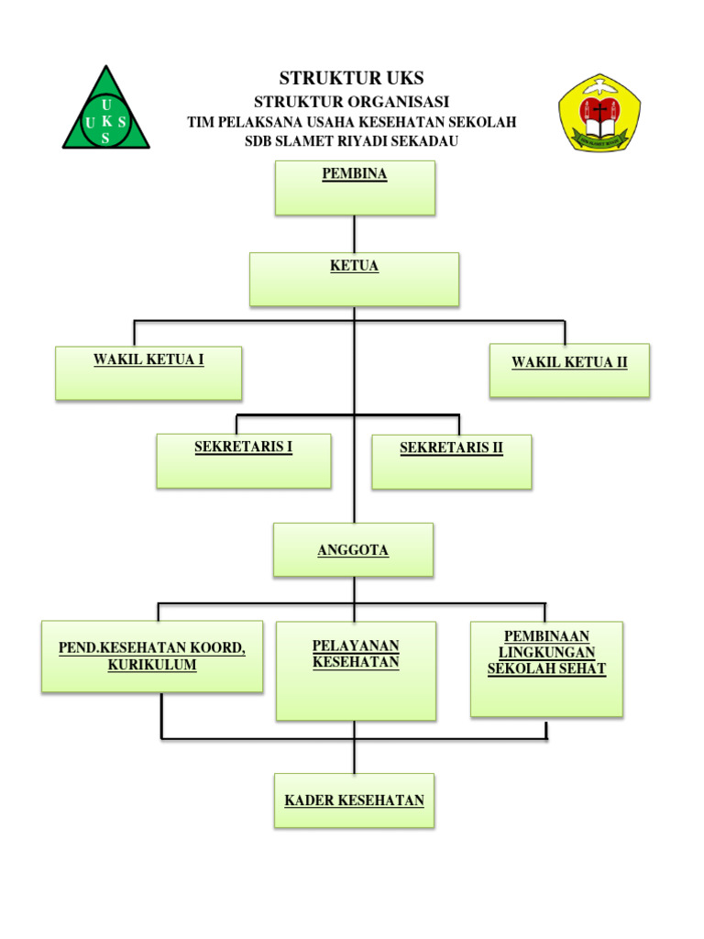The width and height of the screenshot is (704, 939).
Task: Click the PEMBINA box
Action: click(355, 188)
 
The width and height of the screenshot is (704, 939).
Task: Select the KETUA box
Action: click(354, 279)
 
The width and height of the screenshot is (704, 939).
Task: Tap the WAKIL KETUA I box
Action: click(148, 372)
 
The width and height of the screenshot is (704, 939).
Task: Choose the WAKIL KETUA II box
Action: click(569, 370)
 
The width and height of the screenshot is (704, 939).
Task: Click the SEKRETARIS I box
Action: click(243, 460)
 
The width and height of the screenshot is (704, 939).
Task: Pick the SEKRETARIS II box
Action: click(451, 461)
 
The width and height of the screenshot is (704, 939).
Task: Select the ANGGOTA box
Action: click(353, 549)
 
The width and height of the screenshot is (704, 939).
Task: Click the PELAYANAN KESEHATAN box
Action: click(356, 670)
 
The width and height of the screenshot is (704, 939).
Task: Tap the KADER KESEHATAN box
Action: click(354, 801)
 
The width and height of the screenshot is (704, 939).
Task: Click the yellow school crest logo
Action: click(599, 114)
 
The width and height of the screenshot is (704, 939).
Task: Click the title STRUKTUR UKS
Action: click(351, 78)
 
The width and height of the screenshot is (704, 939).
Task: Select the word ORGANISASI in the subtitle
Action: click(396, 102)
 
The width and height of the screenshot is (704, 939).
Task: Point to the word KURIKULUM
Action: click(152, 665)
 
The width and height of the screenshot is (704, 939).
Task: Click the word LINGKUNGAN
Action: click(546, 652)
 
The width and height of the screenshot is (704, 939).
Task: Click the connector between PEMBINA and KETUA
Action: click(355, 234)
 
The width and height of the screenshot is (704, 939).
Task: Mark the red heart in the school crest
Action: click(599, 114)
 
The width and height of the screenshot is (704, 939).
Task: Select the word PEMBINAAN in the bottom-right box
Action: click(546, 635)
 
